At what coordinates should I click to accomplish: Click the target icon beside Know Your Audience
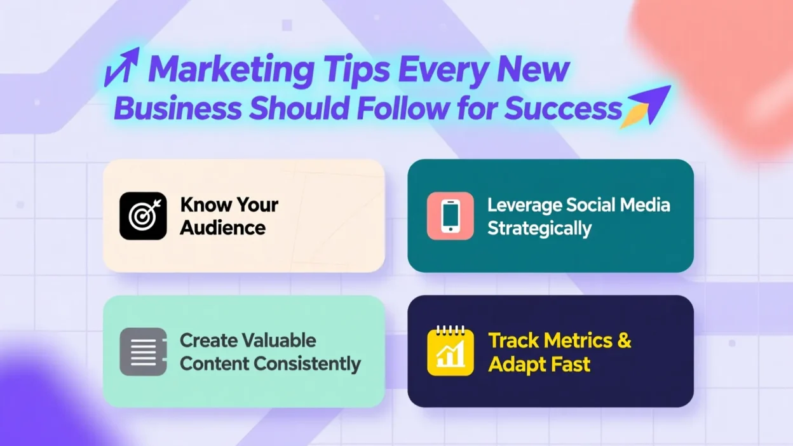tap(143, 216)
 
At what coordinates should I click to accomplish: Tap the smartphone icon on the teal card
tap(450, 216)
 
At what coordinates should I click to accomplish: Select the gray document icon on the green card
tap(143, 351)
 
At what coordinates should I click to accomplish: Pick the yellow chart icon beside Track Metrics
tap(450, 351)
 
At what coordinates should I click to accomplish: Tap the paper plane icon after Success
tap(646, 105)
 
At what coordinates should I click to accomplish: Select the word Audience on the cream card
tap(222, 227)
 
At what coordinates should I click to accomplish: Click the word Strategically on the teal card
tap(539, 228)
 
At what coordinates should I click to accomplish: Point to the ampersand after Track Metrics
tap(624, 341)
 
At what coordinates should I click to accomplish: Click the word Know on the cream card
tap(201, 205)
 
